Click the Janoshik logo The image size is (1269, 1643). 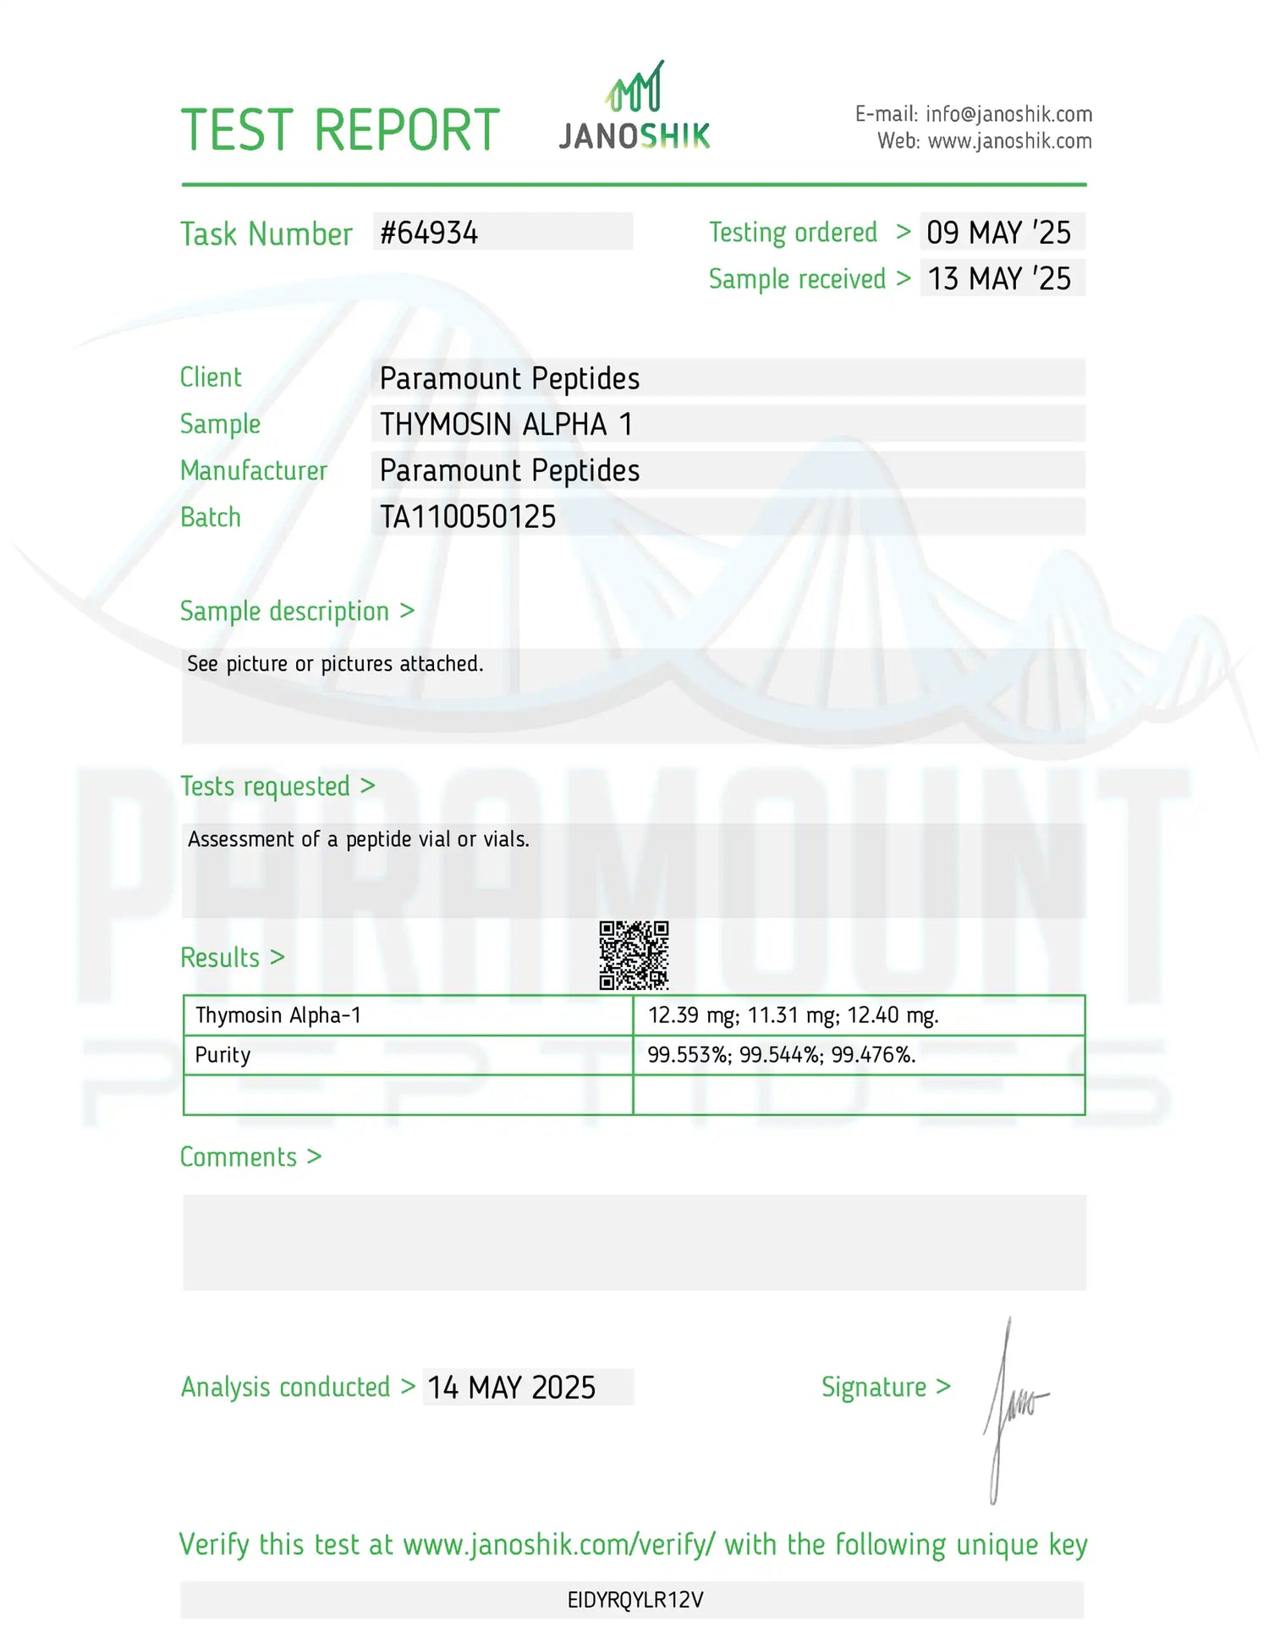pyautogui.click(x=634, y=108)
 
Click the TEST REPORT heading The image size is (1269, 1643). pyautogui.click(x=340, y=130)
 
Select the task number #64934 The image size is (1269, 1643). pyautogui.click(x=429, y=233)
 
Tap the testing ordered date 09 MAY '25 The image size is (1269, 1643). pyautogui.click(x=998, y=233)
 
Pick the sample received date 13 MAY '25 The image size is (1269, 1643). pyautogui.click(x=999, y=278)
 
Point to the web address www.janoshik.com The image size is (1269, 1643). pyautogui.click(x=1009, y=141)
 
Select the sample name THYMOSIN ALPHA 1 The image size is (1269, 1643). pyautogui.click(x=506, y=424)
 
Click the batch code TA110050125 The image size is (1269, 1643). pyautogui.click(x=468, y=517)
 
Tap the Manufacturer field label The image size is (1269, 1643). pyautogui.click(x=253, y=470)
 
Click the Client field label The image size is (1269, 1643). pyautogui.click(x=211, y=377)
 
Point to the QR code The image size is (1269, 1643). pyautogui.click(x=634, y=955)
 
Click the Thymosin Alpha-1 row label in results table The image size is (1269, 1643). pyautogui.click(x=278, y=1015)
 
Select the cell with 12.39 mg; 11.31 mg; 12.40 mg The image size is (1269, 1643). pyautogui.click(x=793, y=1015)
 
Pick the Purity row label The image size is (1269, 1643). pyautogui.click(x=222, y=1055)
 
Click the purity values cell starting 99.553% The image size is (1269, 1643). pyautogui.click(x=781, y=1055)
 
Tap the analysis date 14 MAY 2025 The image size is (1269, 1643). pyautogui.click(x=511, y=1387)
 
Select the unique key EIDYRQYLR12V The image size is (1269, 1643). pyautogui.click(x=635, y=1600)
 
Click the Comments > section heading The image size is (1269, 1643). pyautogui.click(x=250, y=1157)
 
